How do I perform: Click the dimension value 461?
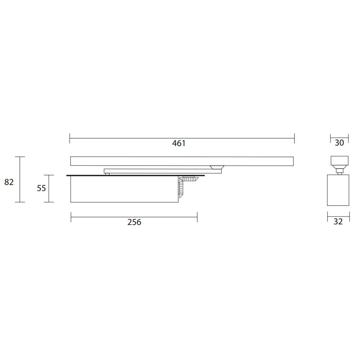tap(179, 143)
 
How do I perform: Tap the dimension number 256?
tap(134, 222)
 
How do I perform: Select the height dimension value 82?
tap(9, 182)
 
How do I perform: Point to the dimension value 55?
tap(41, 188)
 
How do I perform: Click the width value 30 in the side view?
tap(339, 143)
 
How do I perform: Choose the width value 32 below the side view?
tap(338, 221)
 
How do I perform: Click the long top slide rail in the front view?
tap(182, 161)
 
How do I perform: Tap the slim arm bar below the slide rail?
tap(163, 171)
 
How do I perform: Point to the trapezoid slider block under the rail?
tap(217, 167)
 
